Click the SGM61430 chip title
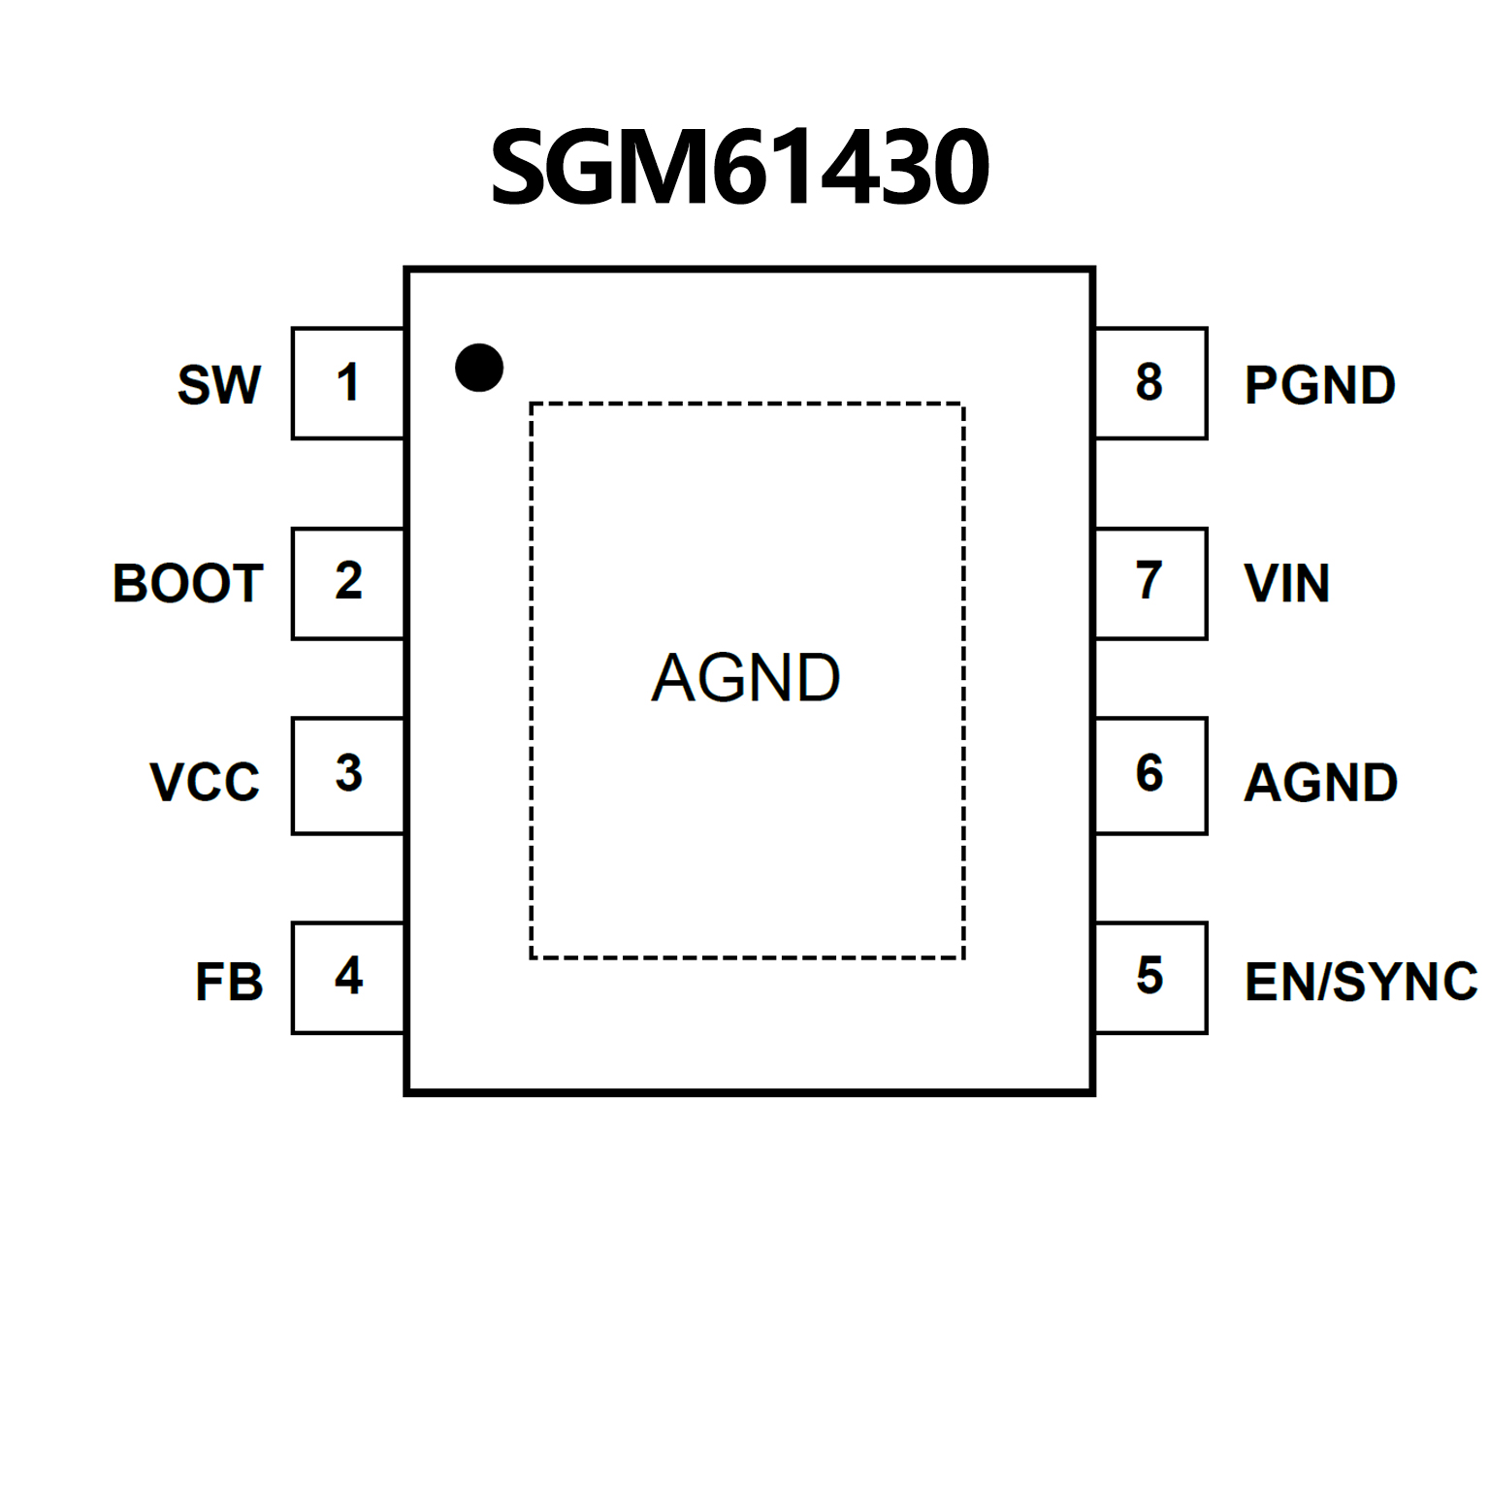[x=740, y=168]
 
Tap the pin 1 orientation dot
[x=479, y=368]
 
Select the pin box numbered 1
[x=348, y=383]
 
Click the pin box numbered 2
[x=348, y=583]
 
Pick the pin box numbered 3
[x=348, y=775]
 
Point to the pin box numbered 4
[x=348, y=977]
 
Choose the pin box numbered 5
[x=1150, y=977]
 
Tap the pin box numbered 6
[x=1150, y=775]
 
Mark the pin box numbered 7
[x=1150, y=583]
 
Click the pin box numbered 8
[x=1150, y=383]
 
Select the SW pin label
[x=219, y=385]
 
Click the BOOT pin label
[x=188, y=584]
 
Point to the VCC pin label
[x=205, y=782]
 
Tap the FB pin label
[x=229, y=982]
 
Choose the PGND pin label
[x=1320, y=385]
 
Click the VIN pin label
[x=1286, y=584]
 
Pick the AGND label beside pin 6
[x=1320, y=782]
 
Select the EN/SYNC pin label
[x=1361, y=982]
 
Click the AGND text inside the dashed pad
[x=746, y=677]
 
